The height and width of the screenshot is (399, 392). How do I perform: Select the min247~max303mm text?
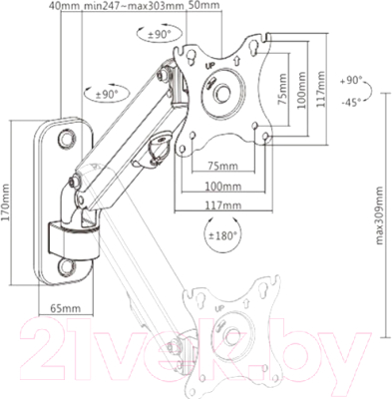pos(134,5)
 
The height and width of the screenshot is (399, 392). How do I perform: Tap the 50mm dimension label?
pos(204,5)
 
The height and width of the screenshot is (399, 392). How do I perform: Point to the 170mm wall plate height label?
pos(5,202)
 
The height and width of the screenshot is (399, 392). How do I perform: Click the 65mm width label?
pos(66,308)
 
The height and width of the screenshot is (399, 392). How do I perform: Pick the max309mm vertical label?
pos(379,215)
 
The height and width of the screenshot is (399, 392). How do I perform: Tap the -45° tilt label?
pos(351,103)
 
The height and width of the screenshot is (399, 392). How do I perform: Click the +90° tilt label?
pos(351,80)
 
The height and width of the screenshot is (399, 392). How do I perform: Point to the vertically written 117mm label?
pos(321,89)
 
